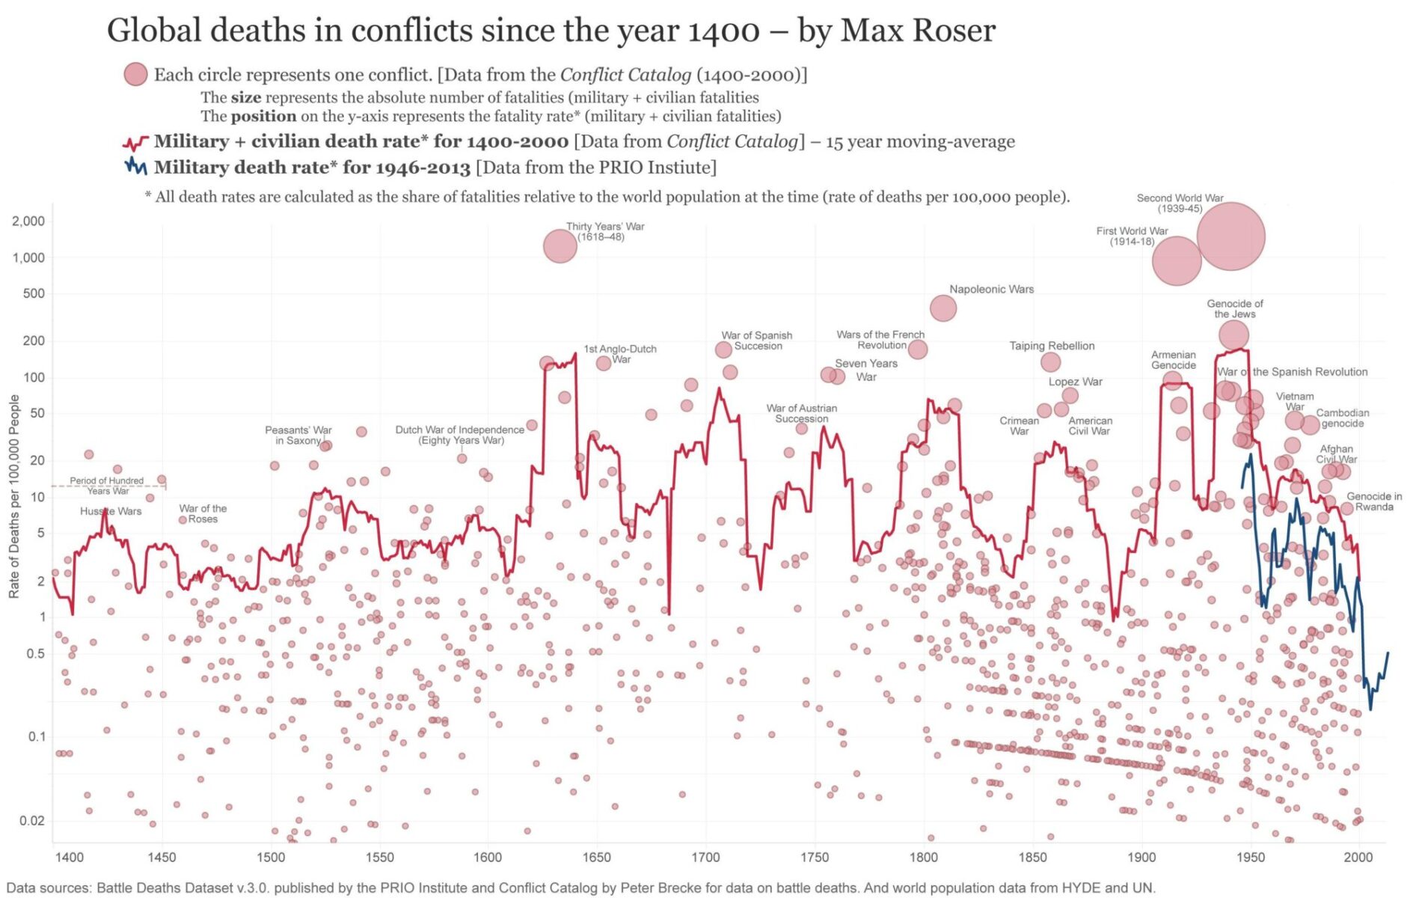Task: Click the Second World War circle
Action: click(x=1230, y=236)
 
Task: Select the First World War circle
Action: click(x=1176, y=260)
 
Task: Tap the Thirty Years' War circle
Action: click(x=560, y=245)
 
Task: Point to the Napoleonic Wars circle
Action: click(x=942, y=308)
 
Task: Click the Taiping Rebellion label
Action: click(x=1052, y=346)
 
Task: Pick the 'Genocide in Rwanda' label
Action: click(x=1374, y=501)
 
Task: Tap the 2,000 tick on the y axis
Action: click(x=28, y=221)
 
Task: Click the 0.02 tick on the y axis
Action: click(x=31, y=820)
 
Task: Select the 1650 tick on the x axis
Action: click(x=596, y=857)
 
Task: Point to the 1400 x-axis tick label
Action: click(x=69, y=857)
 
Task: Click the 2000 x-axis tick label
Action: click(x=1358, y=857)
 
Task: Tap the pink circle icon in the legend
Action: click(x=135, y=74)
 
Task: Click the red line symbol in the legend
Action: click(x=135, y=142)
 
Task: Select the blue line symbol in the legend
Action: click(x=135, y=166)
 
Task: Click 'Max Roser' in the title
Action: click(x=918, y=30)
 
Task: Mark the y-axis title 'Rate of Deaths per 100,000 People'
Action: click(x=14, y=496)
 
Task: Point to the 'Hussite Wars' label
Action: click(x=111, y=511)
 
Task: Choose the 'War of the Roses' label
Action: click(x=203, y=513)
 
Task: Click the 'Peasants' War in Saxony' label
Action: click(x=298, y=435)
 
